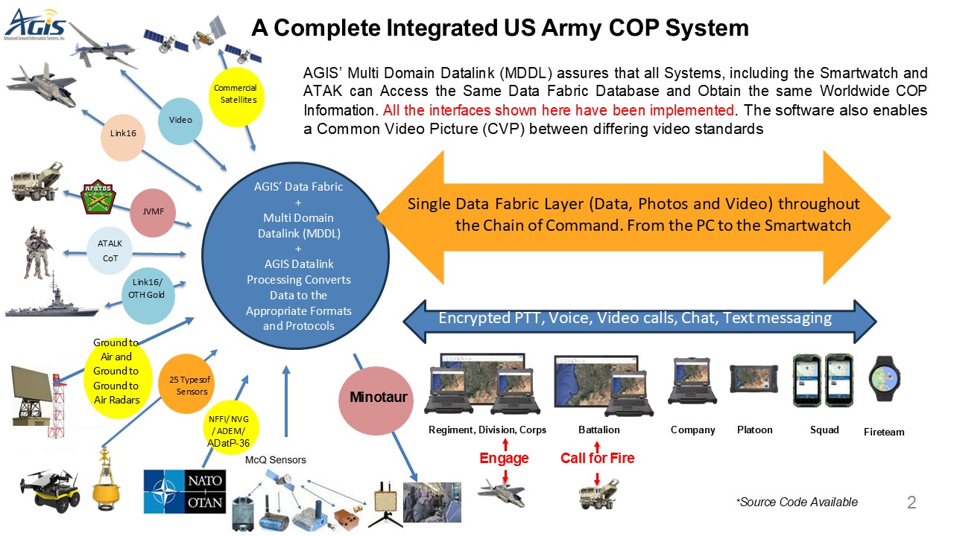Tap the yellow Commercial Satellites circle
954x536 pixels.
click(x=236, y=95)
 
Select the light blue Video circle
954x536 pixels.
click(x=180, y=120)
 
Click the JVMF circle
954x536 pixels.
click(x=153, y=212)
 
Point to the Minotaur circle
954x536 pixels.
click(x=379, y=397)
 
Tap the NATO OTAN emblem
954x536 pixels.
click(x=184, y=491)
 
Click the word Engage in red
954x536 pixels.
click(x=504, y=459)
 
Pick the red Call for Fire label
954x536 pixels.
click(x=597, y=459)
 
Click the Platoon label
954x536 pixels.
click(x=754, y=430)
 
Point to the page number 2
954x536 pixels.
click(x=911, y=502)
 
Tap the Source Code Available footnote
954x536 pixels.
click(x=797, y=502)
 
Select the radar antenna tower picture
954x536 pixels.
click(x=34, y=395)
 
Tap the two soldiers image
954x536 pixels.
click(x=38, y=252)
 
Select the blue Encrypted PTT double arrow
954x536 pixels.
click(x=639, y=319)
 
